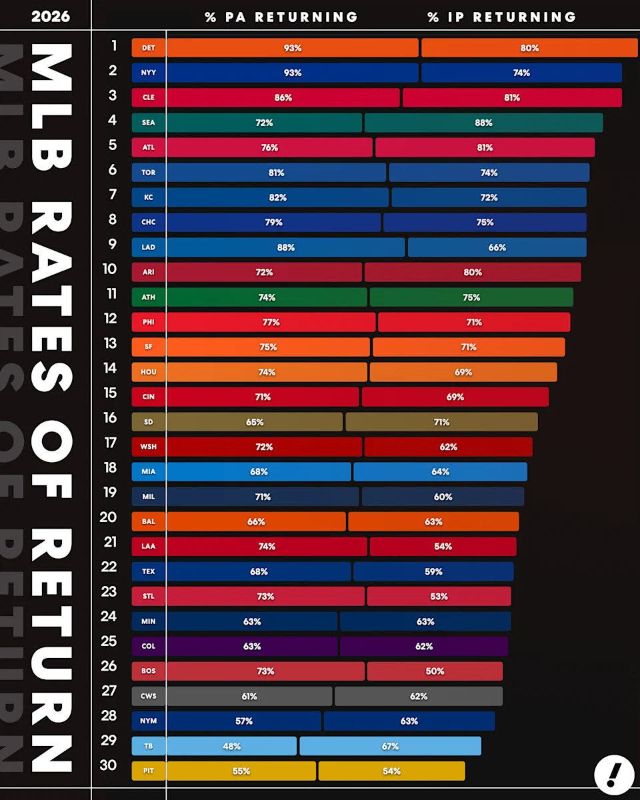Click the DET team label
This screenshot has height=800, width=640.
(x=148, y=48)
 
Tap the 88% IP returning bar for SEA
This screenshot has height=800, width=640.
(x=483, y=123)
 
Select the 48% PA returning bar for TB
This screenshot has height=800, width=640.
(x=231, y=746)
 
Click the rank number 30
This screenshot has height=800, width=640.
(x=108, y=765)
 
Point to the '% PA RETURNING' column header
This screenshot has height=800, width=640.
(x=281, y=17)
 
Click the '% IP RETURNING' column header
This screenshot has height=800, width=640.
(x=501, y=17)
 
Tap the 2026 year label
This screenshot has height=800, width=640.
(x=50, y=16)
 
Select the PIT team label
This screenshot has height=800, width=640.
(x=148, y=771)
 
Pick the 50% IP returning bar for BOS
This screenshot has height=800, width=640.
(x=435, y=671)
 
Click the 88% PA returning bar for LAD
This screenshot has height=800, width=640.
(x=285, y=247)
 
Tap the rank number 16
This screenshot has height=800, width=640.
(x=110, y=418)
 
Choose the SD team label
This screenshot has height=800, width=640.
(x=148, y=422)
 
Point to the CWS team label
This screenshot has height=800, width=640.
(x=148, y=696)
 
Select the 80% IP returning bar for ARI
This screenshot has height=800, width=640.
(x=472, y=272)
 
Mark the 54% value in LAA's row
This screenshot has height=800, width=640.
(x=443, y=547)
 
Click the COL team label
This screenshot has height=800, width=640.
(x=148, y=647)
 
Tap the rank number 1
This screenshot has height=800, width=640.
(x=114, y=45)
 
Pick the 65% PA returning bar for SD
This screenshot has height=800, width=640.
(x=255, y=422)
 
